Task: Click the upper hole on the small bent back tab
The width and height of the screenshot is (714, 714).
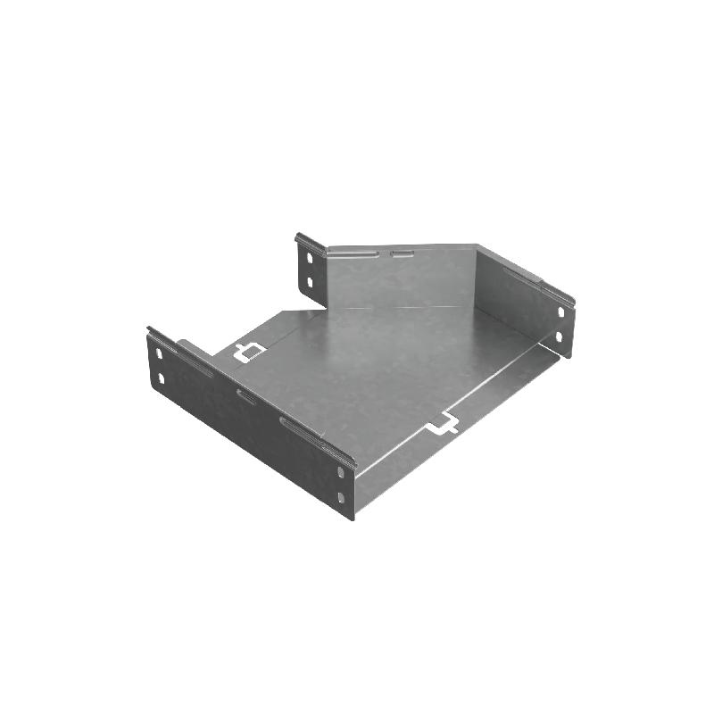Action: (x=310, y=258)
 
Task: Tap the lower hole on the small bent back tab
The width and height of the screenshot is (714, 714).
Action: (x=310, y=282)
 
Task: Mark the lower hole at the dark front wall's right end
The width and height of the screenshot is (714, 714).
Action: (x=342, y=496)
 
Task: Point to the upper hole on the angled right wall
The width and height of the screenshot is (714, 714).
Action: (x=561, y=312)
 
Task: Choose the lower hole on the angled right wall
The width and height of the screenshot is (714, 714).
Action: (x=561, y=337)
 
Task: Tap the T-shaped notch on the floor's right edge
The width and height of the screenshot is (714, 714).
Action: (x=443, y=428)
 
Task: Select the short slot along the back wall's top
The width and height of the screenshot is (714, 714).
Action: (x=402, y=255)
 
